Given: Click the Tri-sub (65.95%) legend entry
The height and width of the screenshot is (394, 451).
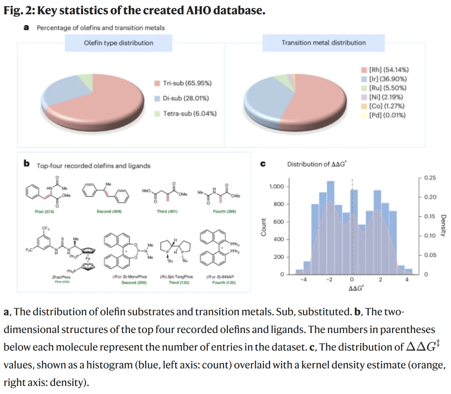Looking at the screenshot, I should tap(187, 83).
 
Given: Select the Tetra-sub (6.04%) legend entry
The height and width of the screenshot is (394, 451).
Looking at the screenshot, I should tap(189, 114).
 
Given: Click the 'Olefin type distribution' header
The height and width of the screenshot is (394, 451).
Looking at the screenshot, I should tap(119, 43).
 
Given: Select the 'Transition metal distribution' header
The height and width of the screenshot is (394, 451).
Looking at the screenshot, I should tap(323, 43).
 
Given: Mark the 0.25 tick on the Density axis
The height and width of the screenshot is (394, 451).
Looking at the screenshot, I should tap(430, 178).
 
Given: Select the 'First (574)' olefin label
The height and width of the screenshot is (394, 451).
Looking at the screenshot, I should tap(45, 212).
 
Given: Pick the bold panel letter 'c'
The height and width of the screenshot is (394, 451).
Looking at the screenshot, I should tap(263, 164).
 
